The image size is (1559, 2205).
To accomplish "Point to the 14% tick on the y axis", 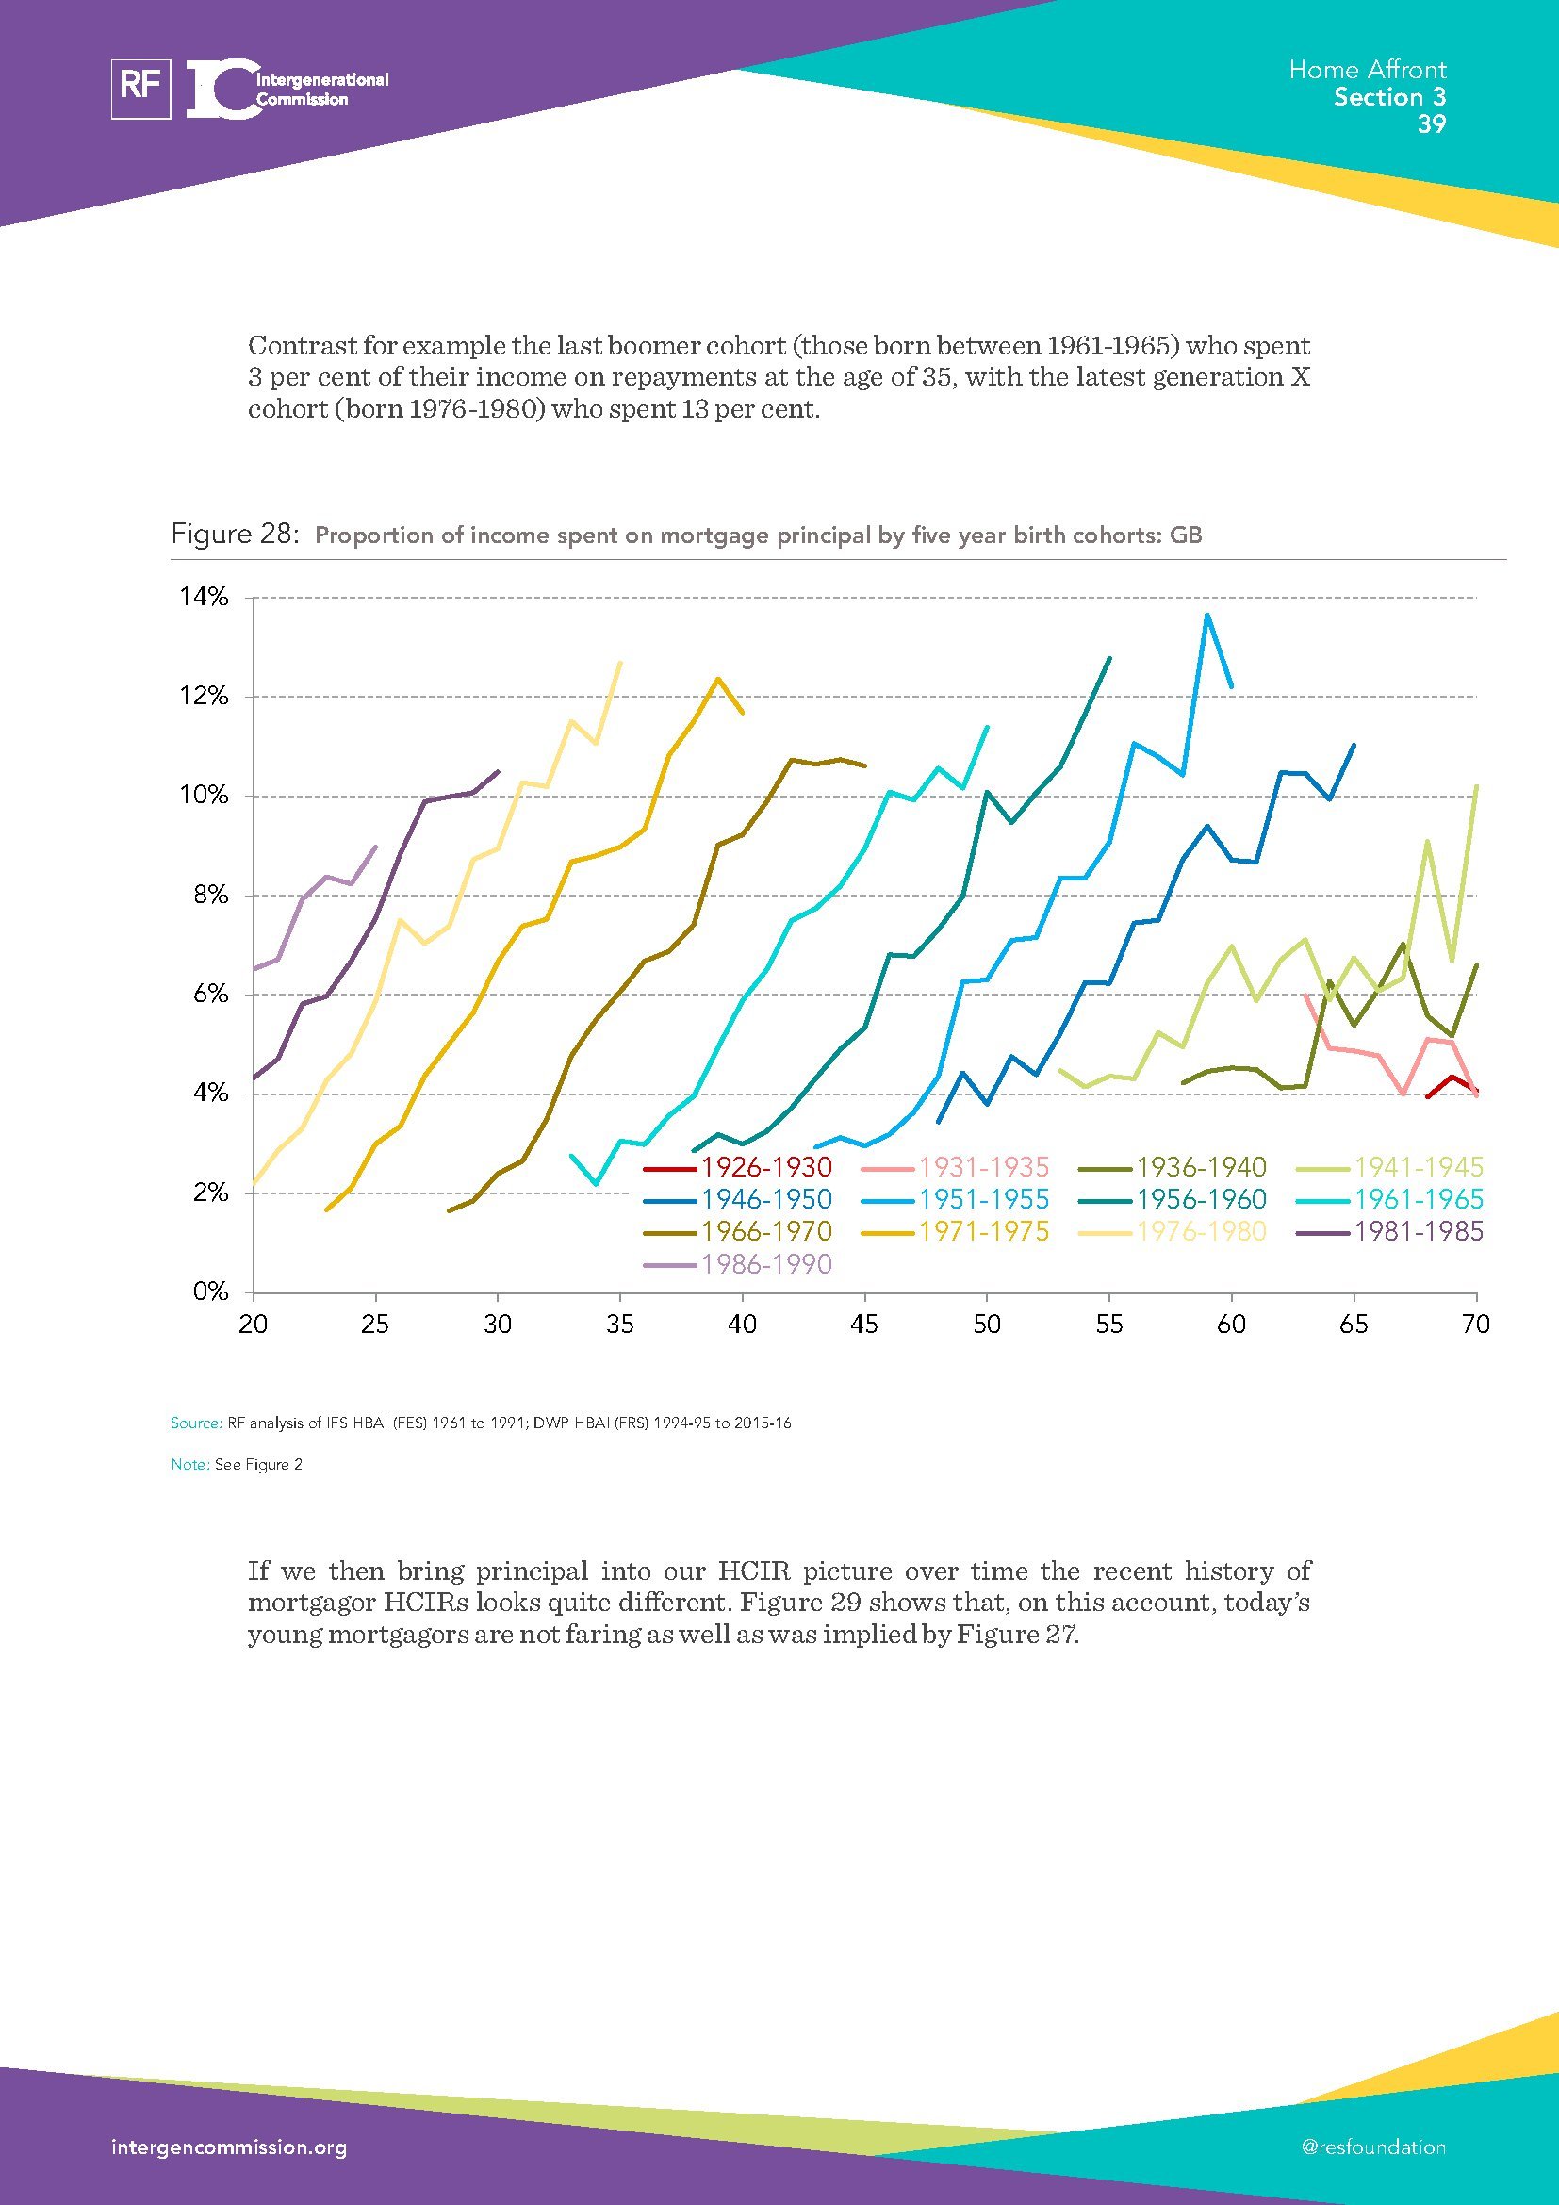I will (204, 598).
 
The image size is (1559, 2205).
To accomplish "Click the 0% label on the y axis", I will (210, 1292).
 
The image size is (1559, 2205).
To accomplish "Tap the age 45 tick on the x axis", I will (864, 1325).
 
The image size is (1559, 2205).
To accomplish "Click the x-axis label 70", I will (1475, 1325).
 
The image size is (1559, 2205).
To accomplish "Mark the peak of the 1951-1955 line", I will (1206, 615).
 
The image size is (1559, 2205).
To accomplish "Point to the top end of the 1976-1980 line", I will (620, 663).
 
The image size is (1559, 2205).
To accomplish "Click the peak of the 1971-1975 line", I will (717, 679).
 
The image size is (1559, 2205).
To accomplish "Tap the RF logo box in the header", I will (141, 89).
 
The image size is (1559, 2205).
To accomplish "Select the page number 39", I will (1432, 123).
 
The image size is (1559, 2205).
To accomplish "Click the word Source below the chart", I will (195, 1423).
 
